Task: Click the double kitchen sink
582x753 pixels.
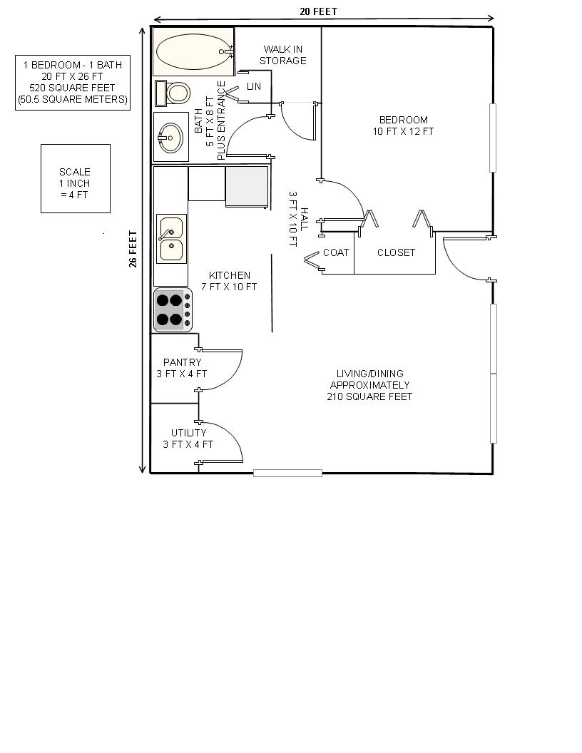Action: coord(171,239)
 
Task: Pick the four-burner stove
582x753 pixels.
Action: coord(173,309)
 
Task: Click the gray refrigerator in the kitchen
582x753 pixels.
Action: coord(247,185)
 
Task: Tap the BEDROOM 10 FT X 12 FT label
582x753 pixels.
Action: coord(403,125)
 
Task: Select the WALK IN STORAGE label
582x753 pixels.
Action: coord(283,55)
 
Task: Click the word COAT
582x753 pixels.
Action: coord(336,252)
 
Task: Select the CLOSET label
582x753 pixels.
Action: coord(396,252)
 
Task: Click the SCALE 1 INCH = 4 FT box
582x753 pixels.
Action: coord(75,178)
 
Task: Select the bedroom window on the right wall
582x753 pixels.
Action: coord(493,138)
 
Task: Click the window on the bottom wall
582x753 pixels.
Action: coord(287,473)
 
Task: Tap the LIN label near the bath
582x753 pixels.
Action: coord(254,86)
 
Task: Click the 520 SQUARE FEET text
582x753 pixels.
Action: coord(72,88)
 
